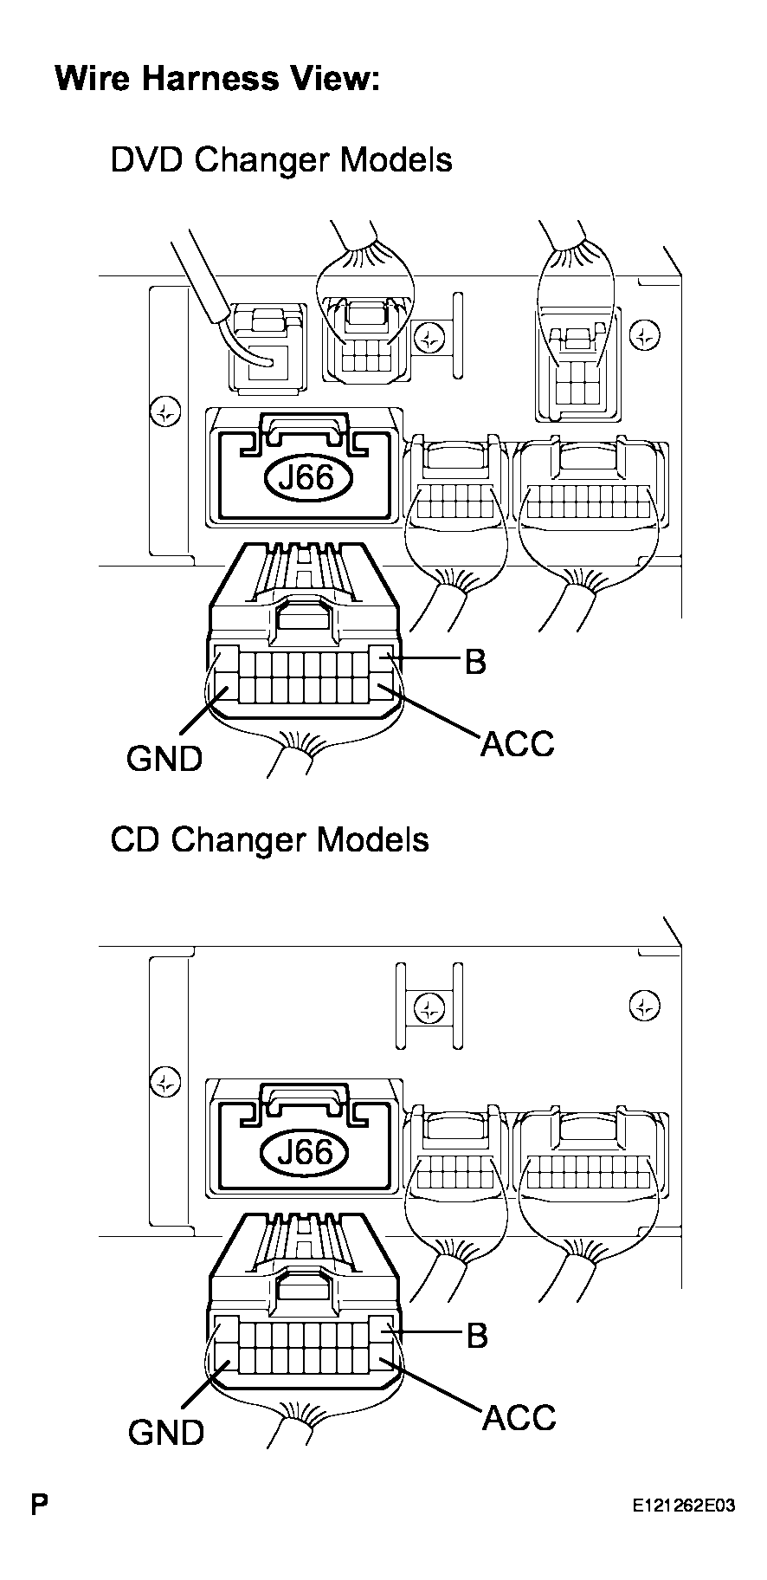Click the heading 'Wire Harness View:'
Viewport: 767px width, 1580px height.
217,79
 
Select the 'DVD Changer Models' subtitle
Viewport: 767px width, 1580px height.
280,160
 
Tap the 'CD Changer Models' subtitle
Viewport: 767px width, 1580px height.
269,839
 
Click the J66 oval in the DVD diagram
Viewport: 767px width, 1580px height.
308,477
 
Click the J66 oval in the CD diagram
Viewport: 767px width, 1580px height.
308,1152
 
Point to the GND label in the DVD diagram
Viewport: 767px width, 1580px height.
164,758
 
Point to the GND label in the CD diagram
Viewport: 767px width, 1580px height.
165,1432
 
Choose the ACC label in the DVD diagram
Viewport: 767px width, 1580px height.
517,743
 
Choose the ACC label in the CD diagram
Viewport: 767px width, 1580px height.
518,1417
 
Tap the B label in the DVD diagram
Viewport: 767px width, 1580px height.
475,663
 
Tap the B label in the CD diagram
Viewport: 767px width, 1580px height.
476,1336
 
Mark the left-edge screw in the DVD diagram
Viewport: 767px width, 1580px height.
164,411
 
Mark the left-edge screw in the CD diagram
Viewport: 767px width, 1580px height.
164,1081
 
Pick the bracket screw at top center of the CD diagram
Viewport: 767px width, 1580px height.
428,1007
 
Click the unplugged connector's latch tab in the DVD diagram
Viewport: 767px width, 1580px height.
303,618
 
